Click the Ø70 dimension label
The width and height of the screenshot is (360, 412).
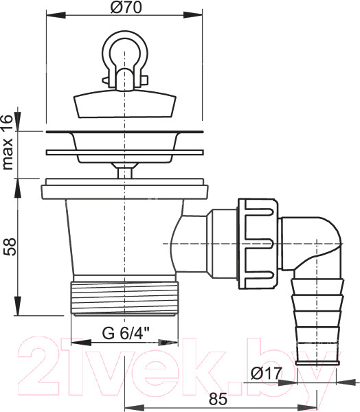tap(126, 7)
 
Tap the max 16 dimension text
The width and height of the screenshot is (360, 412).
tap(8, 142)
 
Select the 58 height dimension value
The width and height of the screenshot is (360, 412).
tap(11, 247)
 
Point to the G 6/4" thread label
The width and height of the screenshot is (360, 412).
tap(126, 334)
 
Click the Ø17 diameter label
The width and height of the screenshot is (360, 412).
tap(267, 373)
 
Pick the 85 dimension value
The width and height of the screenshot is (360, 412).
tap(218, 399)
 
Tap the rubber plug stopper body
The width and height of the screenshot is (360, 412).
tap(124, 104)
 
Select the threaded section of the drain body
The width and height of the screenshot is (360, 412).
tap(124, 297)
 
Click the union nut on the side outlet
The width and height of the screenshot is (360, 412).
tap(258, 244)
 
